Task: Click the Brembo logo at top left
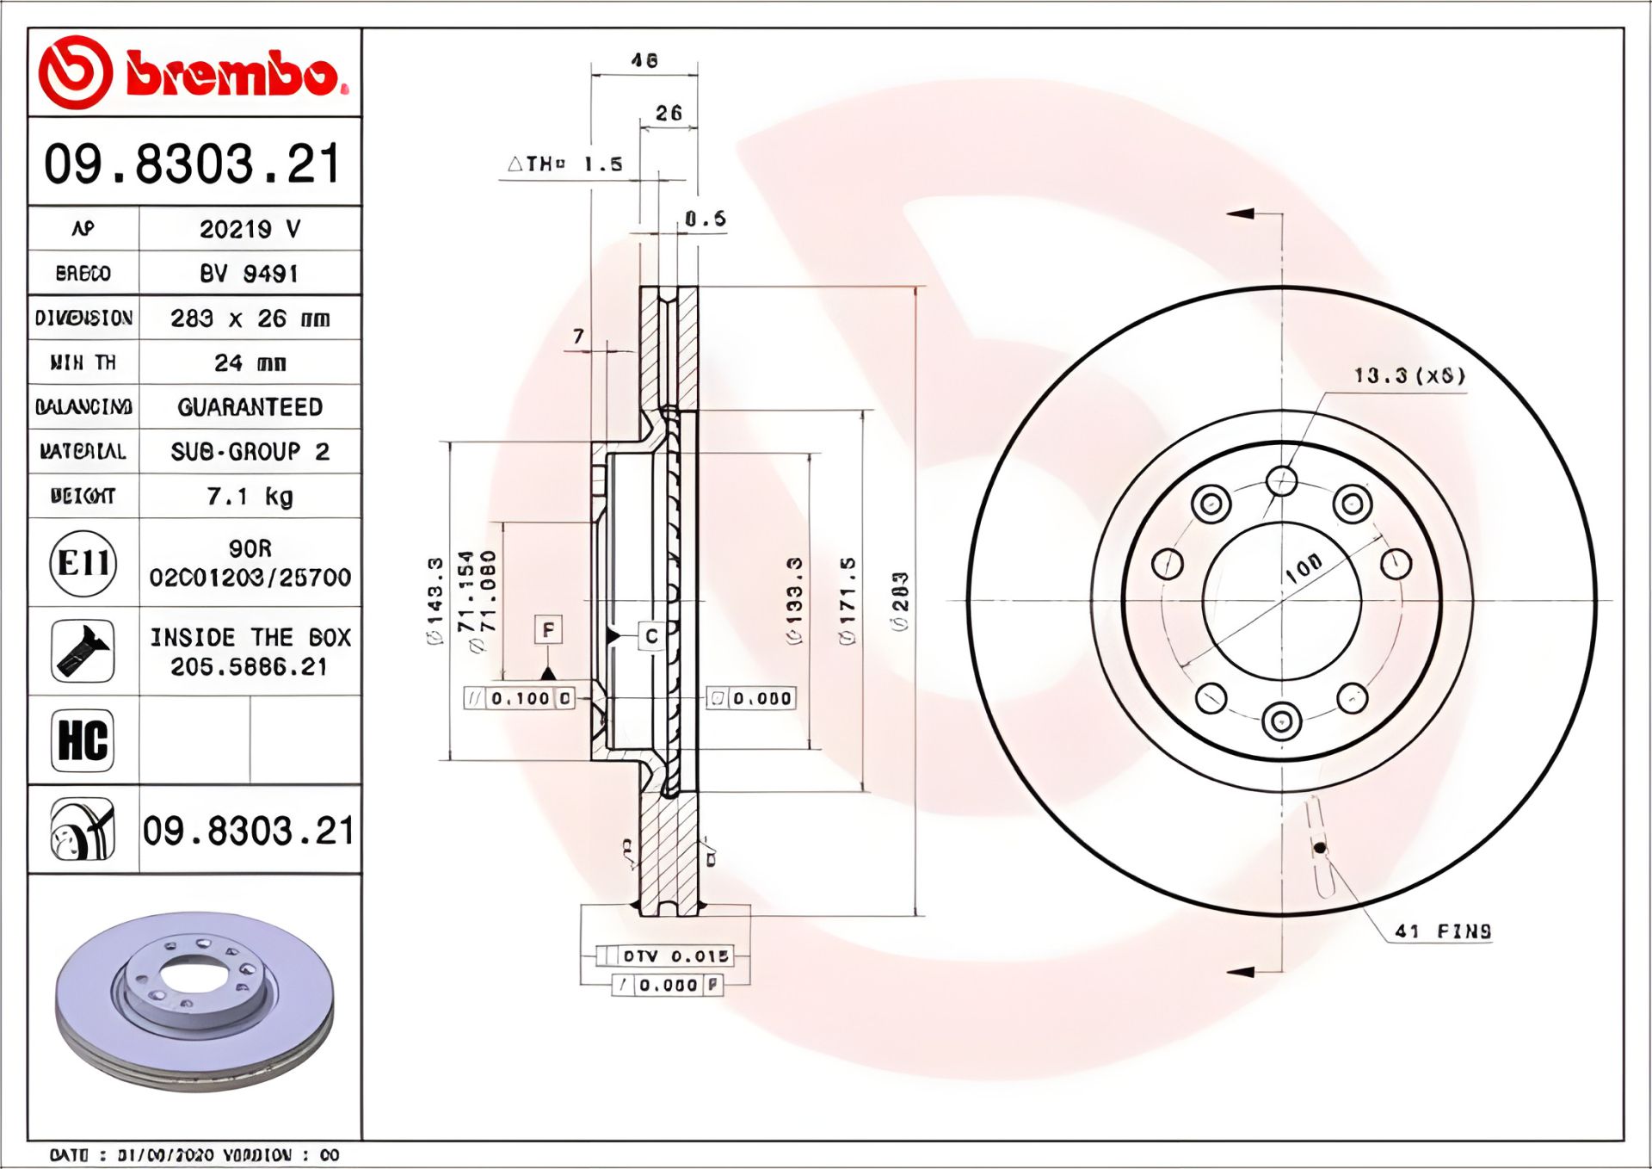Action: point(194,73)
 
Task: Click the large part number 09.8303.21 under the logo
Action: point(194,164)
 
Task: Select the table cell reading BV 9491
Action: point(250,274)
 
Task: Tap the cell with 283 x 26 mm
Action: point(250,319)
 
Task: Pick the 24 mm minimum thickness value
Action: point(250,363)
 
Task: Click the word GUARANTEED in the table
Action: point(250,407)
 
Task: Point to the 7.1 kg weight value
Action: point(250,497)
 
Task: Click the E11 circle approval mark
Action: point(83,564)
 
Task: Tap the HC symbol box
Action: point(83,740)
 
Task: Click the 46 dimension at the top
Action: point(644,61)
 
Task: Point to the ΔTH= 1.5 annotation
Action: point(565,164)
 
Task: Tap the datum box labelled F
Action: point(548,629)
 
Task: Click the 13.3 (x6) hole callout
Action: point(1409,376)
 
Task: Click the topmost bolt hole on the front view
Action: point(1282,480)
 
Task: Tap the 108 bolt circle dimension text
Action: point(1304,567)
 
